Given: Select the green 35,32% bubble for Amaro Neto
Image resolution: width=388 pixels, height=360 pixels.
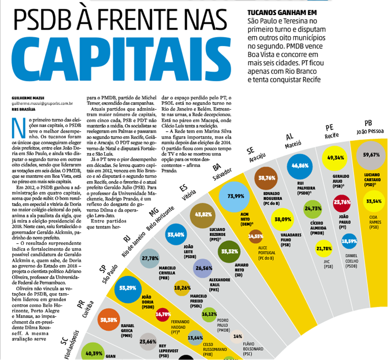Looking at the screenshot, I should [229, 252].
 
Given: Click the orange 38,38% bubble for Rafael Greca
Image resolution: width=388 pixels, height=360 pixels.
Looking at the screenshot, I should [108, 321].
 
